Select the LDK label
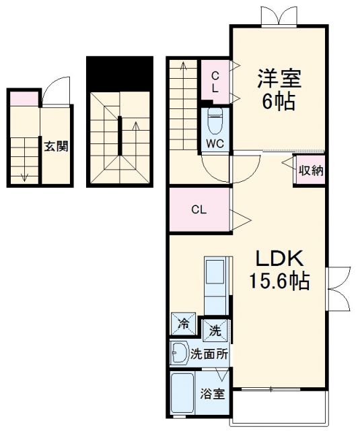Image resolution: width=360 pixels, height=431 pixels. [280, 259]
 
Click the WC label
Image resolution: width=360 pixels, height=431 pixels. [215, 143]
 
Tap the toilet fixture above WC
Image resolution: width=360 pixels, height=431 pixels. [215, 121]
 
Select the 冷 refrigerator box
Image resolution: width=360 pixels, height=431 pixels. [183, 323]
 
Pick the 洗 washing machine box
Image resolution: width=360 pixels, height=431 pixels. [215, 331]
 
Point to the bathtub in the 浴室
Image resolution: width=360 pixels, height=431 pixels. [184, 395]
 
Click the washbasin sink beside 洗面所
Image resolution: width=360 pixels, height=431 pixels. [179, 352]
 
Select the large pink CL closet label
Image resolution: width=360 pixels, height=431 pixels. [199, 209]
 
